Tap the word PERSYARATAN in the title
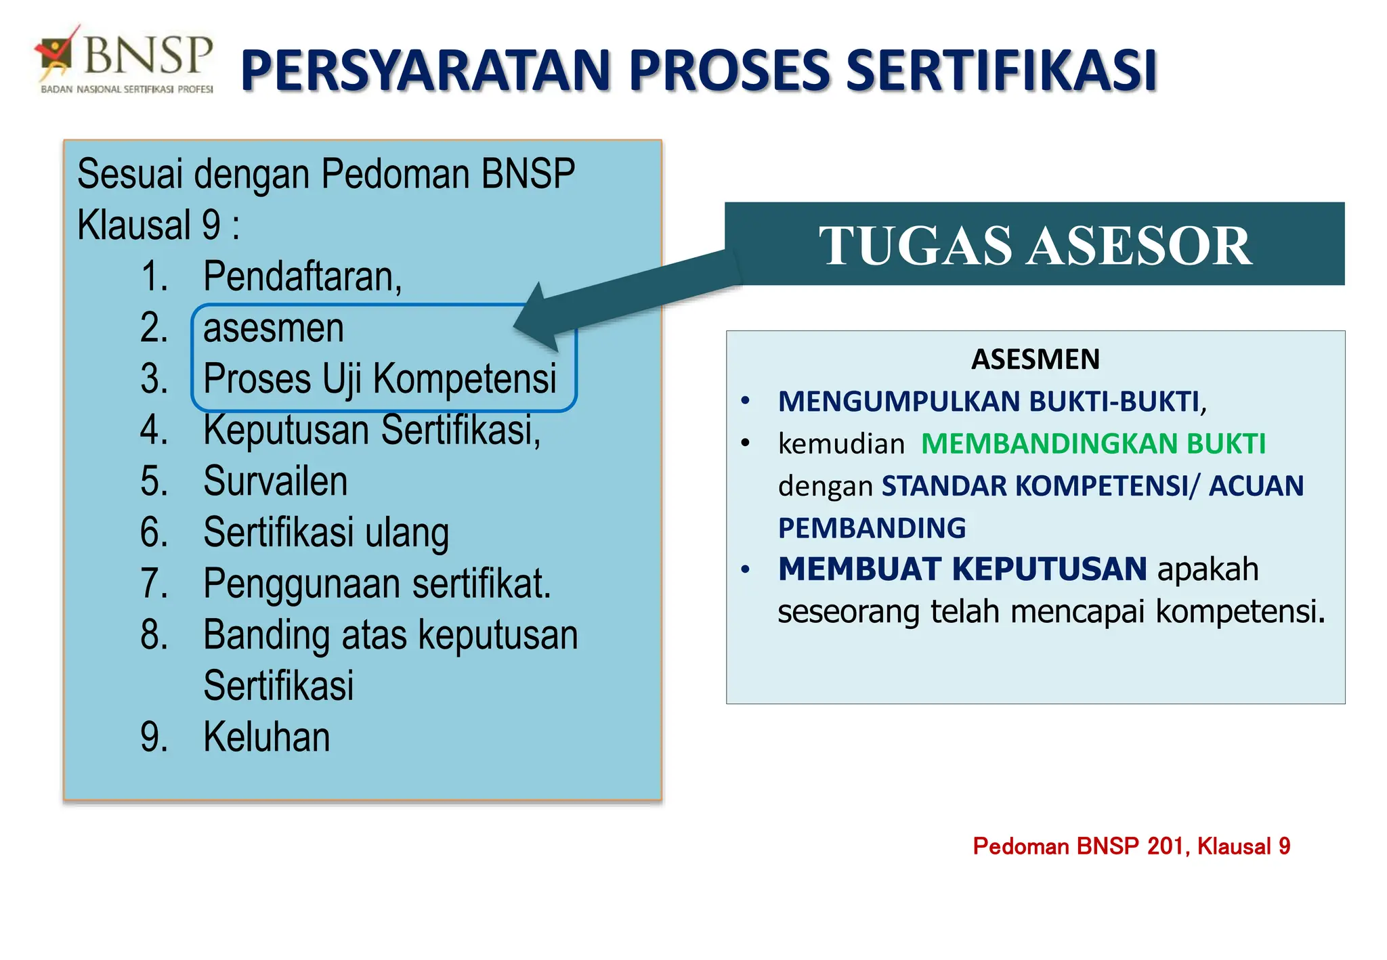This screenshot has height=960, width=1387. click(427, 71)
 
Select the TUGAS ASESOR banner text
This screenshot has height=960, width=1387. click(1035, 245)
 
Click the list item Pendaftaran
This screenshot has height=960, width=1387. click(302, 277)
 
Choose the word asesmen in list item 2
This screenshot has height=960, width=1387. click(274, 328)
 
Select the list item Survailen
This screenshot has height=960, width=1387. click(275, 481)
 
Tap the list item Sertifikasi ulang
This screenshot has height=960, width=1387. click(326, 533)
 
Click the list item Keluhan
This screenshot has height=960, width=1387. click(266, 737)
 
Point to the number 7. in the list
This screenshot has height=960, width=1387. click(154, 584)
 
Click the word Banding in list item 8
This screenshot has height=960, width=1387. click(266, 635)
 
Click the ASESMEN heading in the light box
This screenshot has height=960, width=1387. click(1035, 359)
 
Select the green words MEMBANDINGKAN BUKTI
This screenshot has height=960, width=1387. click(1092, 444)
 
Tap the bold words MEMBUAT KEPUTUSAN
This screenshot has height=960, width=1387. click(962, 569)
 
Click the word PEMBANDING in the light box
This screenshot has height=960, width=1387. click(872, 528)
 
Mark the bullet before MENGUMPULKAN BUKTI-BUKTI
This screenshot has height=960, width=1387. click(746, 401)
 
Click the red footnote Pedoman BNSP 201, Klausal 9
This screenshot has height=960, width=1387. click(1131, 846)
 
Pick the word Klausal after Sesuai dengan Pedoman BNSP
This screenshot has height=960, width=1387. click(134, 225)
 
